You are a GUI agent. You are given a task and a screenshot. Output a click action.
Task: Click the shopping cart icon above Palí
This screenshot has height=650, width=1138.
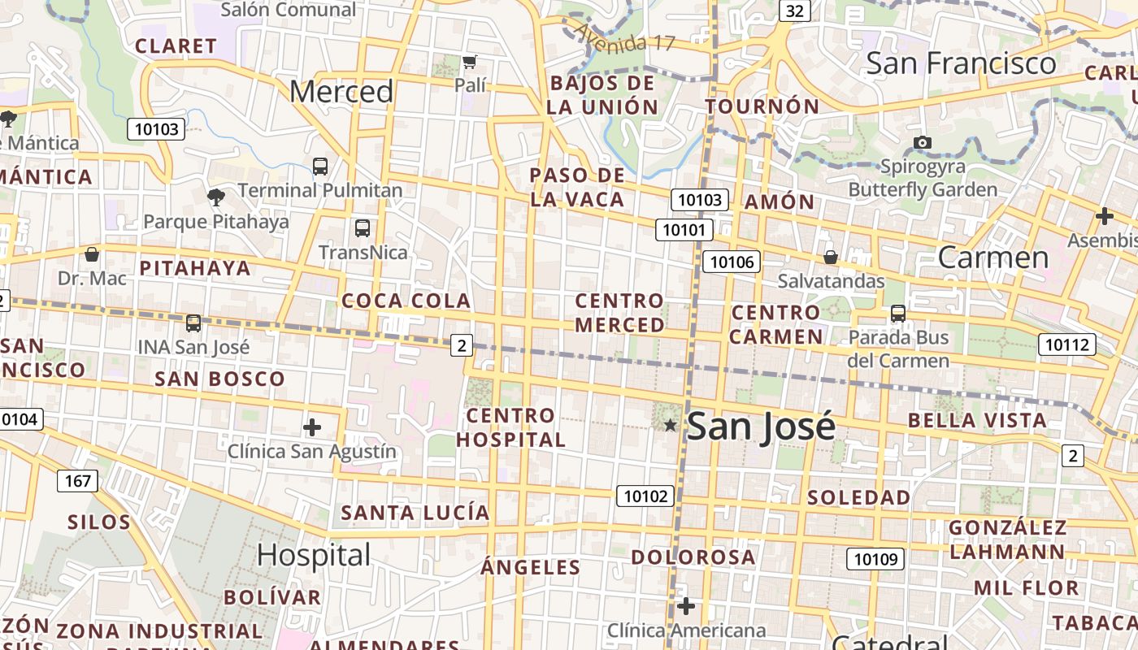pos(469,62)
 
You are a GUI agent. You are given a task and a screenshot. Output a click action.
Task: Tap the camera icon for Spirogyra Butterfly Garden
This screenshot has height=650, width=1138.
pos(922,143)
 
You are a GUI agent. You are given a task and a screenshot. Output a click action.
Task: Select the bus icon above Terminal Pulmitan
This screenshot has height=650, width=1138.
pos(320,167)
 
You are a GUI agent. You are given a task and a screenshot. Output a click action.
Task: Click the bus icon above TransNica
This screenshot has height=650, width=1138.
pos(363,228)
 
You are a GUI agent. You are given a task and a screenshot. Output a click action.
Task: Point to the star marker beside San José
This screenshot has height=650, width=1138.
pos(671,425)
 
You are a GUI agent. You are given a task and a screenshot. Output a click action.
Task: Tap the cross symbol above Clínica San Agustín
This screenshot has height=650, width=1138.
pos(312,427)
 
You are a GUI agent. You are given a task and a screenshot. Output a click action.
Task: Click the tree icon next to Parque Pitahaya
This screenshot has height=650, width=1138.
pos(216,197)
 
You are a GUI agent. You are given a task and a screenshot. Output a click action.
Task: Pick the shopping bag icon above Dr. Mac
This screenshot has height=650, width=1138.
pos(92,255)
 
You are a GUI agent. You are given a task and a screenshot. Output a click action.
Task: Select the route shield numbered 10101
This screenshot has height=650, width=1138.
pos(684,230)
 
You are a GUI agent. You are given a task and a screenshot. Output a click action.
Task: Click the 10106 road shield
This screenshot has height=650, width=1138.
pos(732,262)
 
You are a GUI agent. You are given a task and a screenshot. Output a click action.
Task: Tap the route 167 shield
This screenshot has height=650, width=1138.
pos(78,481)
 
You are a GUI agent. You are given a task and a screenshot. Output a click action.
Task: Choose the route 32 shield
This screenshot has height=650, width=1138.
pos(795,11)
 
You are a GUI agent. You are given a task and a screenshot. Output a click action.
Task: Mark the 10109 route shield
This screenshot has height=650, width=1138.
pos(875,559)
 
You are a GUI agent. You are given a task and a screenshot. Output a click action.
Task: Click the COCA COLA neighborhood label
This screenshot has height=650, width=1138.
pos(406,301)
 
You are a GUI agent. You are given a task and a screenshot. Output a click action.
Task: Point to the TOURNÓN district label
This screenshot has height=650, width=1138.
pos(762,106)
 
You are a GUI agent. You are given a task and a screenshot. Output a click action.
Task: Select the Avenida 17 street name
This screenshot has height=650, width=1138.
pos(624,37)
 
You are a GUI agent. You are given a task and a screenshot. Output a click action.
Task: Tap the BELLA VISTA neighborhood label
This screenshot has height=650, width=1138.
pos(977,420)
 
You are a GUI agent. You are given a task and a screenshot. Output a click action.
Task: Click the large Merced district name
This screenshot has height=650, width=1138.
pos(341,92)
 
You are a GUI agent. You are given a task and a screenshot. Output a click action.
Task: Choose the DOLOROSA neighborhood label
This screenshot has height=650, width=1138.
pos(693,557)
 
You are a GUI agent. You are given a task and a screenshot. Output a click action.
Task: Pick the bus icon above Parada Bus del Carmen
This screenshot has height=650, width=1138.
pos(898,314)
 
